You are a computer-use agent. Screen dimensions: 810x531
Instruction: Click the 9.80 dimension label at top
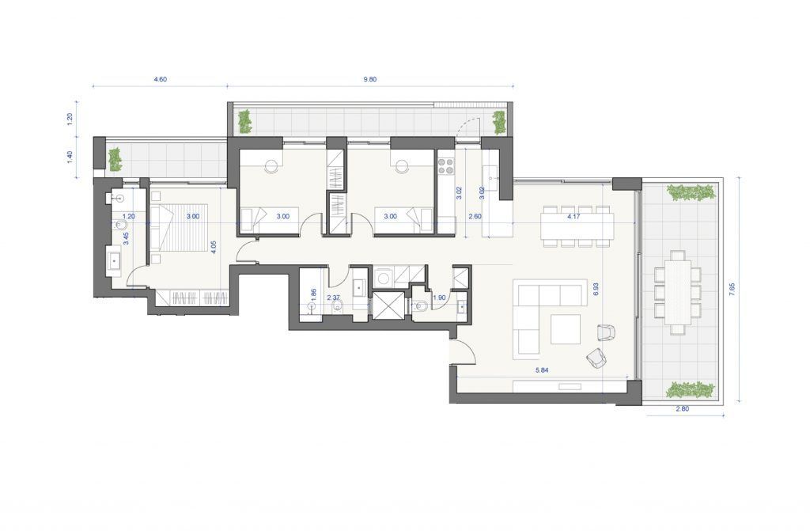point(370,79)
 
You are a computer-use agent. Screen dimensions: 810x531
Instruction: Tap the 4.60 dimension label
point(160,79)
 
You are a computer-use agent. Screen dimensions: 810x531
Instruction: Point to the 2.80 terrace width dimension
point(683,408)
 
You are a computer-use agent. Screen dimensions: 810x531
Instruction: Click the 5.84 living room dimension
point(541,370)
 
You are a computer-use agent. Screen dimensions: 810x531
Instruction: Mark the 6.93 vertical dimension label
point(596,289)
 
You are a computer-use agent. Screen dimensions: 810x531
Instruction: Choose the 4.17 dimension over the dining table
point(573,217)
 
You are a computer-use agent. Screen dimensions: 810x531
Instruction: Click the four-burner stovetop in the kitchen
point(446,165)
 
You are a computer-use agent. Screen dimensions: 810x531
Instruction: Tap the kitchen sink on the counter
point(490,173)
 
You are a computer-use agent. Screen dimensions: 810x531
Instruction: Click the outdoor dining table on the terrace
point(678,291)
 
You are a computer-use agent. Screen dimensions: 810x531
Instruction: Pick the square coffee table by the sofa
point(565,329)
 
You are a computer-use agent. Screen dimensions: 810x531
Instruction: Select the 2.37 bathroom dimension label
point(335,298)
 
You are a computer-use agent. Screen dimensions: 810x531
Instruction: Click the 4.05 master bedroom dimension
point(214,246)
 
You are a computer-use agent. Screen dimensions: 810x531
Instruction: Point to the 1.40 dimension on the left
point(70,157)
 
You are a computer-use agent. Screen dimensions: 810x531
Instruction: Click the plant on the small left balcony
point(114,159)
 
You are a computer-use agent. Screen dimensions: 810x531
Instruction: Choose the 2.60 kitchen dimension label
point(475,217)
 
